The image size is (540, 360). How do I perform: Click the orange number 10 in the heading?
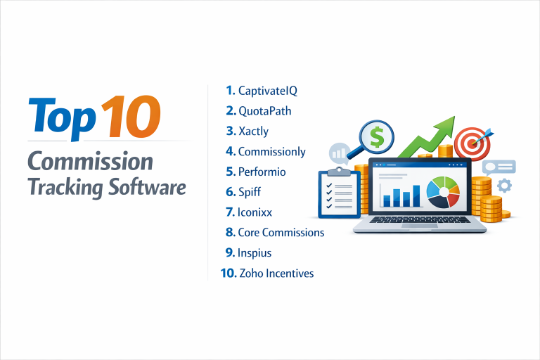(x=131, y=116)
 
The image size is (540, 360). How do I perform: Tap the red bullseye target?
(x=470, y=143)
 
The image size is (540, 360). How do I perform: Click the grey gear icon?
(x=503, y=186)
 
